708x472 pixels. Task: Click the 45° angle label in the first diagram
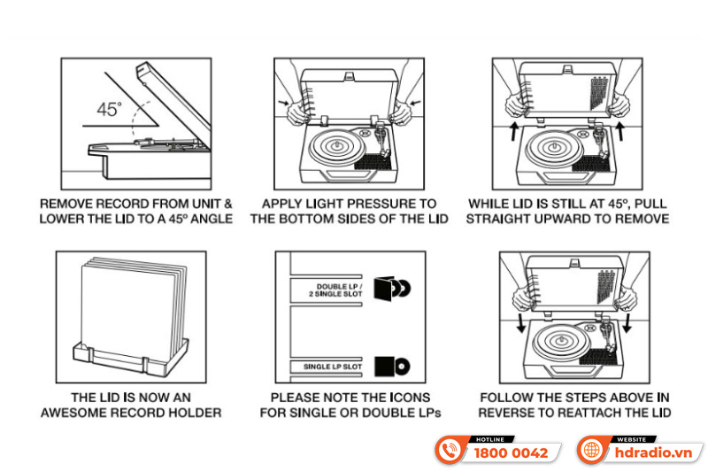pyautogui.click(x=110, y=110)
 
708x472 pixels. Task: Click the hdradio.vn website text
pyautogui.click(x=657, y=453)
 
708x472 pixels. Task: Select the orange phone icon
pyautogui.click(x=451, y=450)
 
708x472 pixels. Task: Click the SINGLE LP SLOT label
pyautogui.click(x=328, y=366)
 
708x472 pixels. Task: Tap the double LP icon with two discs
pyautogui.click(x=391, y=290)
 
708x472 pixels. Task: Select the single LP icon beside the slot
pyautogui.click(x=390, y=365)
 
